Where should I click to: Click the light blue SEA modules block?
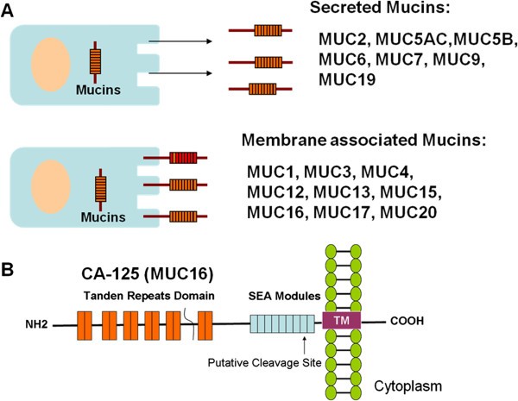pyautogui.click(x=271, y=321)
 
